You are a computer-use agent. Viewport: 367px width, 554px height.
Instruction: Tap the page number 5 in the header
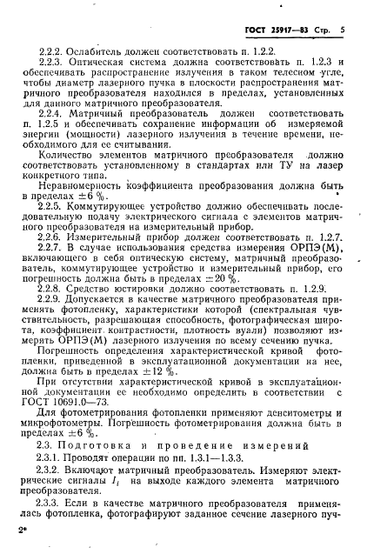click(343, 30)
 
